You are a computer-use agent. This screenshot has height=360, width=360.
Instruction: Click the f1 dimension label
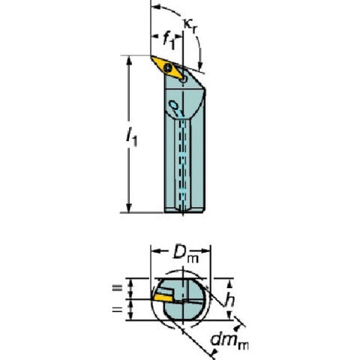click(169, 40)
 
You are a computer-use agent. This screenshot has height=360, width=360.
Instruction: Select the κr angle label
click(190, 26)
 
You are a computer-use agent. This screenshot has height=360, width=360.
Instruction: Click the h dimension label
click(229, 299)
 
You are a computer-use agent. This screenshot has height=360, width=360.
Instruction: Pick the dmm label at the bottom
click(229, 341)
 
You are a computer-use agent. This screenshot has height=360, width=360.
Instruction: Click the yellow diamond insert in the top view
click(168, 67)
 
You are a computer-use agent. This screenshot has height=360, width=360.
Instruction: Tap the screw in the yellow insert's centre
click(167, 67)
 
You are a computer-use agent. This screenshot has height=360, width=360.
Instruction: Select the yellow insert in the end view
click(163, 298)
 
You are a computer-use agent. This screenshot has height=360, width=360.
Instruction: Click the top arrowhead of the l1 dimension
click(129, 61)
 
